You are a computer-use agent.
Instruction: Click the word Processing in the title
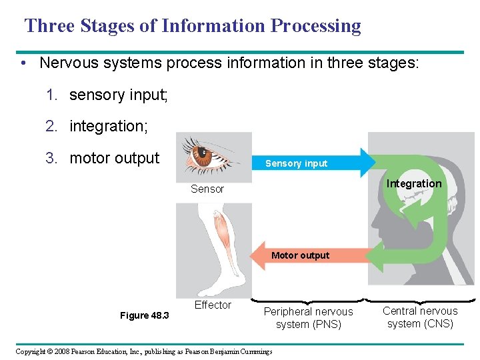pyautogui.click(x=316, y=26)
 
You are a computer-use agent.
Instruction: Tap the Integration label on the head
pyautogui.click(x=414, y=183)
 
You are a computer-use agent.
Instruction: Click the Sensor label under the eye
pyautogui.click(x=207, y=189)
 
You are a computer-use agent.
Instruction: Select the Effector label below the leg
pyautogui.click(x=213, y=305)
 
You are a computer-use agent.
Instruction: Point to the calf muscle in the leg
pyautogui.click(x=218, y=231)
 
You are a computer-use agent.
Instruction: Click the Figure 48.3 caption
pyautogui.click(x=144, y=315)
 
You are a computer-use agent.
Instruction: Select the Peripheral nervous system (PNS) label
pyautogui.click(x=309, y=318)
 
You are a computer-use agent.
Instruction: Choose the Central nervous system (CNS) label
pyautogui.click(x=420, y=317)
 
